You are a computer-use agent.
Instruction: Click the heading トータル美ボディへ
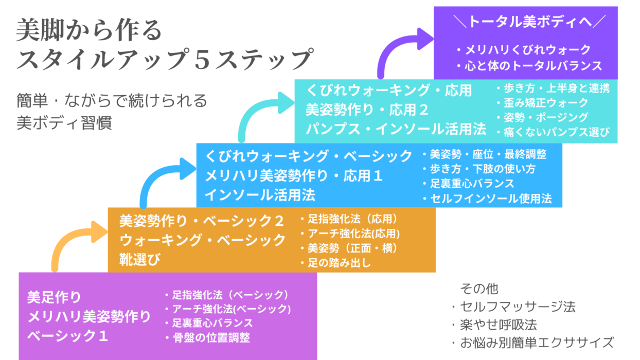coord(529,22)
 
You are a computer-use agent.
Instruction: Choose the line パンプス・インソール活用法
coord(396,129)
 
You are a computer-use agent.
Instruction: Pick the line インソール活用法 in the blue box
coord(260,195)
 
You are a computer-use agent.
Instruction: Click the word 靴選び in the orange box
coord(140,259)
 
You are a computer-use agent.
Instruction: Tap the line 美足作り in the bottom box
coord(54,297)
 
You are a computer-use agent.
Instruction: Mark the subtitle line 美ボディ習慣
coord(64,123)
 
